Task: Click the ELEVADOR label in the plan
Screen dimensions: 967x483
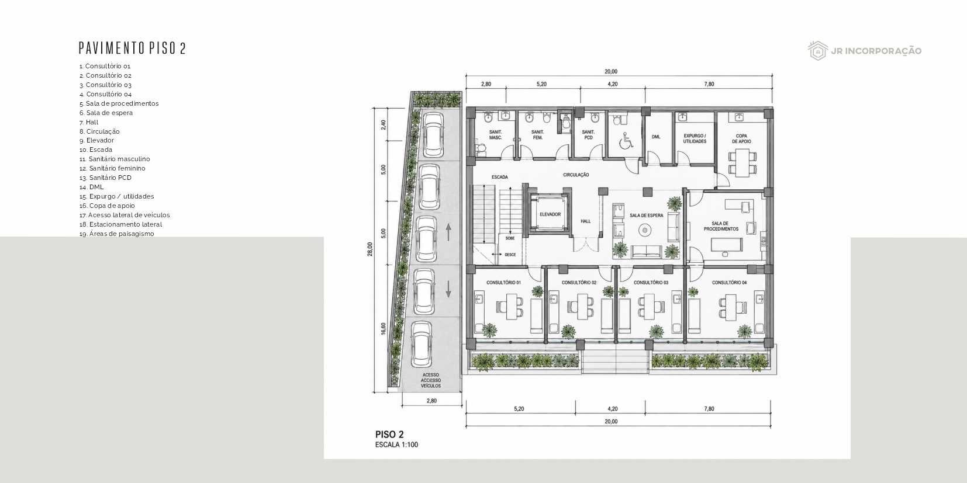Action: pos(550,214)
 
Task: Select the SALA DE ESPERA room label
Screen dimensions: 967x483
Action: pos(646,216)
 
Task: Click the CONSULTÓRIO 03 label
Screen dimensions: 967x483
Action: pos(651,283)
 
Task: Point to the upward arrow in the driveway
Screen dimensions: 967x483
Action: pos(448,232)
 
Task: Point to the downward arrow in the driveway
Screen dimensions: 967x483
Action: pos(448,289)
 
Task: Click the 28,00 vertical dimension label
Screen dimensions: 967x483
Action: pos(370,249)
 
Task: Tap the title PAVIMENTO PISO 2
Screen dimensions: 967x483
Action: pos(132,48)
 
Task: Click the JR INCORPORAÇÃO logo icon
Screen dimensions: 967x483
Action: pos(818,51)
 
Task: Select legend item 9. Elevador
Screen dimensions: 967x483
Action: pos(96,141)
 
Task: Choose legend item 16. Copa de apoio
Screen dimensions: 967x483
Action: pos(107,206)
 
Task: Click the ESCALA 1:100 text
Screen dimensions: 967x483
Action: pos(396,444)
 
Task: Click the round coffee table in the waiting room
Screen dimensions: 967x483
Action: pos(645,231)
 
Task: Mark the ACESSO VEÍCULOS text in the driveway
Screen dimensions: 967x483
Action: pos(431,380)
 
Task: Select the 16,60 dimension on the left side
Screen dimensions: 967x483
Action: pos(384,329)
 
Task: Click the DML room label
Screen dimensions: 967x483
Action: pos(656,137)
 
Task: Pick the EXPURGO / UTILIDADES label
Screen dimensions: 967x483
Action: pos(695,138)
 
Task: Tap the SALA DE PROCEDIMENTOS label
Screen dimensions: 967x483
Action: pos(721,227)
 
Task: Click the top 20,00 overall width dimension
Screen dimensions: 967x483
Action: pos(611,72)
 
